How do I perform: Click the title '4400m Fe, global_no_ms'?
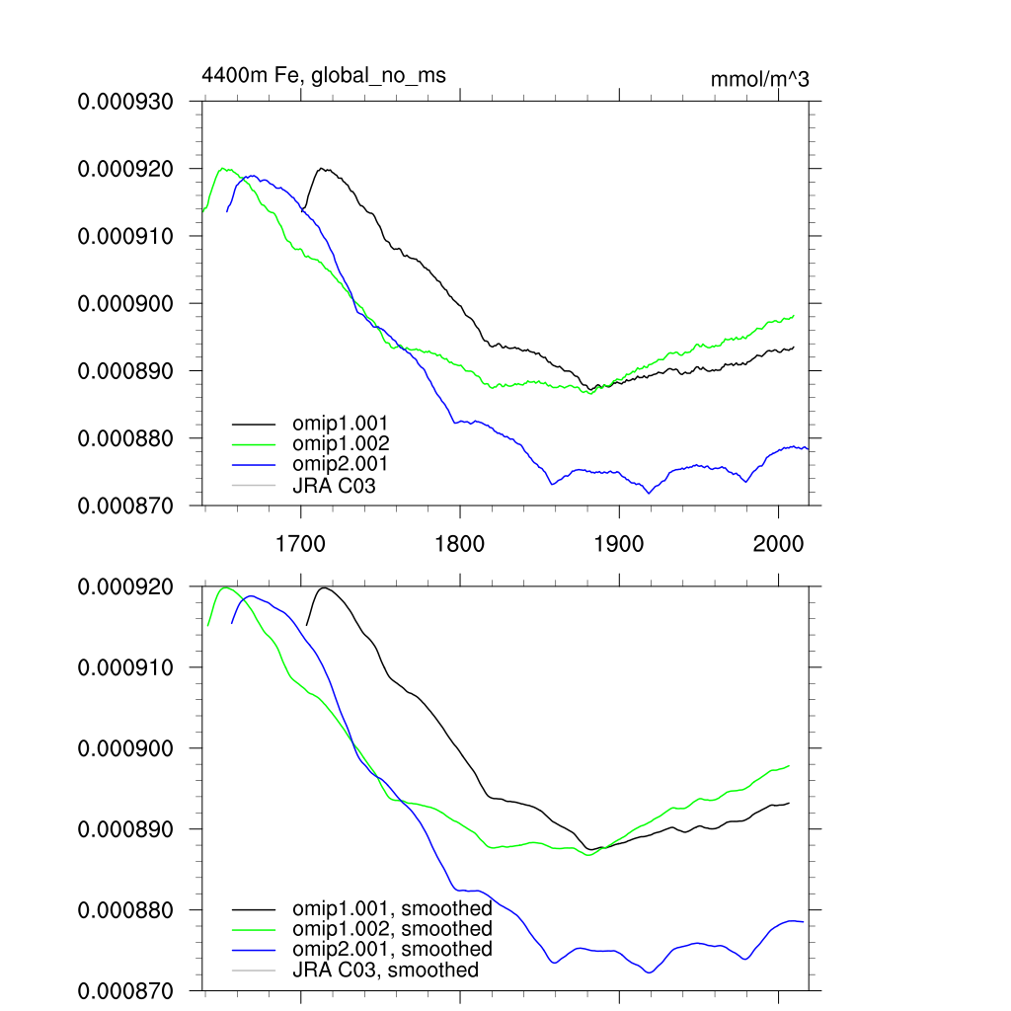[x=317, y=74]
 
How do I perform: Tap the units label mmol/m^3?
[x=759, y=80]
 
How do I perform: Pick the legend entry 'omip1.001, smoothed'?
[x=392, y=908]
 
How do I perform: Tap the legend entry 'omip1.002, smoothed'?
[x=392, y=929]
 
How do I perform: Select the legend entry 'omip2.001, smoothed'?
[x=392, y=949]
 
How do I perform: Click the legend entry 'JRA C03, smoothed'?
[x=385, y=970]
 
